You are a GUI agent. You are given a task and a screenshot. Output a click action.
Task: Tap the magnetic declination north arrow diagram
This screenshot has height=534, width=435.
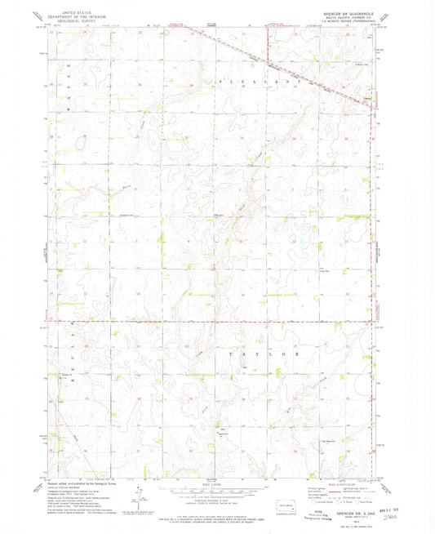point(140,490)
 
